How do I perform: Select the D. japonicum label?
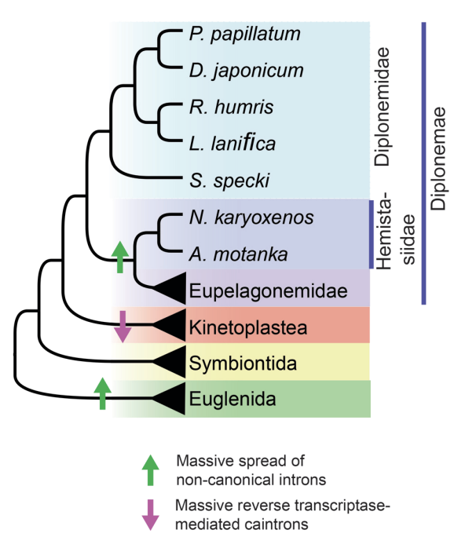(x=246, y=71)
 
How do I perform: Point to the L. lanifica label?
(x=232, y=143)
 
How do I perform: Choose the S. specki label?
(x=229, y=180)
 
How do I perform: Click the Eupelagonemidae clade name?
(x=268, y=290)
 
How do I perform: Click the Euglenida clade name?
(x=232, y=399)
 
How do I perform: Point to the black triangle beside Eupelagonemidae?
(x=169, y=290)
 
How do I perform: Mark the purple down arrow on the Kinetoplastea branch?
(x=123, y=327)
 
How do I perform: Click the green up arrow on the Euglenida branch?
(x=101, y=393)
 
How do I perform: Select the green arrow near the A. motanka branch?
(x=119, y=257)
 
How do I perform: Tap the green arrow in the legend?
(x=149, y=468)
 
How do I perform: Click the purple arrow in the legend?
(x=149, y=510)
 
